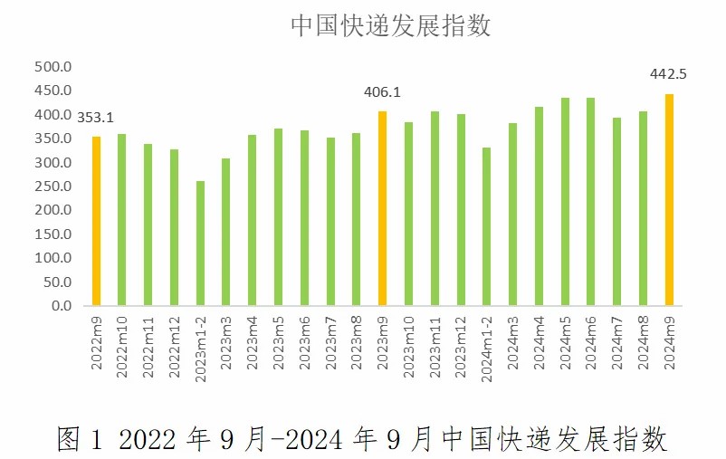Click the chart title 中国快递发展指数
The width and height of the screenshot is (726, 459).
(x=390, y=25)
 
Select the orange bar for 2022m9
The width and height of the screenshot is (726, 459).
(x=96, y=221)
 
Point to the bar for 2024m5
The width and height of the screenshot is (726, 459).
(x=565, y=201)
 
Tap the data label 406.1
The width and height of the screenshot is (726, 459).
(x=382, y=91)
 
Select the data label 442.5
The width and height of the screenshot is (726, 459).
(x=668, y=74)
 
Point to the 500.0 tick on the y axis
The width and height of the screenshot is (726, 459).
(x=53, y=67)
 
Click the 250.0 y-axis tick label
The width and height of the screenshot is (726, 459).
(x=53, y=186)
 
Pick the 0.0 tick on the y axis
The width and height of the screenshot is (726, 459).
(x=61, y=306)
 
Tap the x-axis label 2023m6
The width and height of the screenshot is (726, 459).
(x=305, y=343)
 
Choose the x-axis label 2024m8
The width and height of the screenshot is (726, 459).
(x=644, y=343)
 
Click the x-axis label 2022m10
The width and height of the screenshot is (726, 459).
(x=122, y=345)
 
